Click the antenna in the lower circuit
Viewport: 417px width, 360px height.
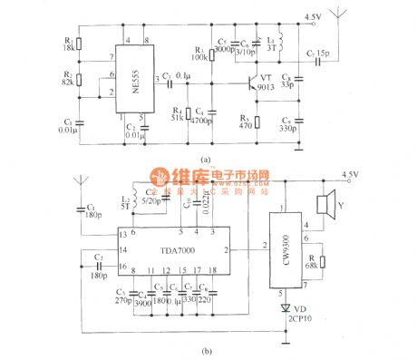81,189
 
